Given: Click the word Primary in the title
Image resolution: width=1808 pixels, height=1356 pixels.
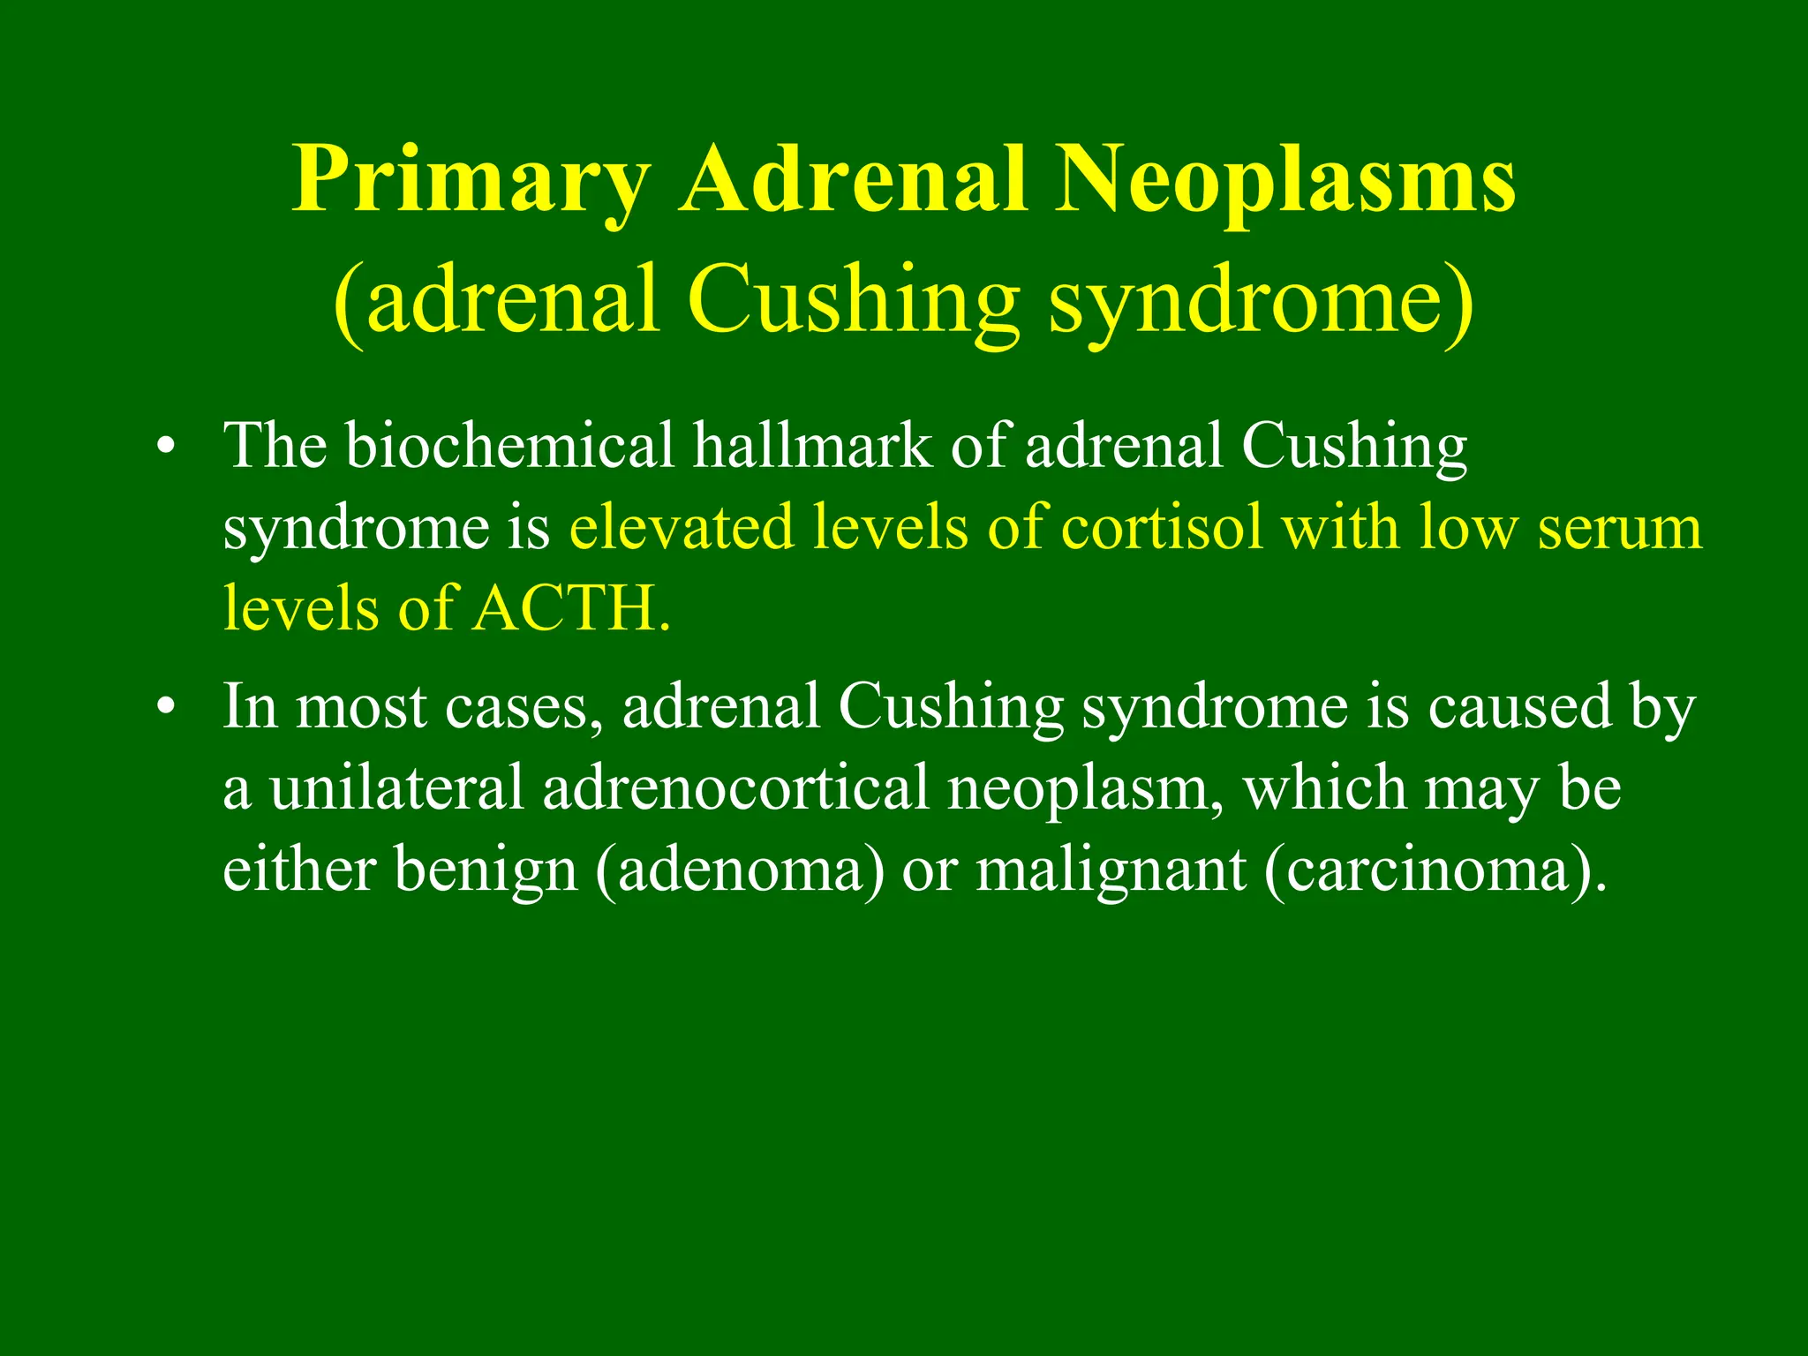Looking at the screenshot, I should (471, 180).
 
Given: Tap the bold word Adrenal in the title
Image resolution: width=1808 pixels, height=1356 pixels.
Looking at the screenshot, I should (854, 180).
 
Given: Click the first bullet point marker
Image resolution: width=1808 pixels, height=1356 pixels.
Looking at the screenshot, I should (162, 447).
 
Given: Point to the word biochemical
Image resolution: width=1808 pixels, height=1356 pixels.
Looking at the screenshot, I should (510, 446).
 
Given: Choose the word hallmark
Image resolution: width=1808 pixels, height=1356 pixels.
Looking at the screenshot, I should (812, 446).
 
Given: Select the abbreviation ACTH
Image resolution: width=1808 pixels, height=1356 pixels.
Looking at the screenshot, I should (569, 609).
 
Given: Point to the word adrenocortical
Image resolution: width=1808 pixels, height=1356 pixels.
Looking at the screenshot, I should (735, 787).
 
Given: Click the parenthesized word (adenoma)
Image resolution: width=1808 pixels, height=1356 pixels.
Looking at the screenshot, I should (740, 870).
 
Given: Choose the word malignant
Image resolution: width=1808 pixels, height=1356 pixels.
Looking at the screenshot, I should (1111, 870).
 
